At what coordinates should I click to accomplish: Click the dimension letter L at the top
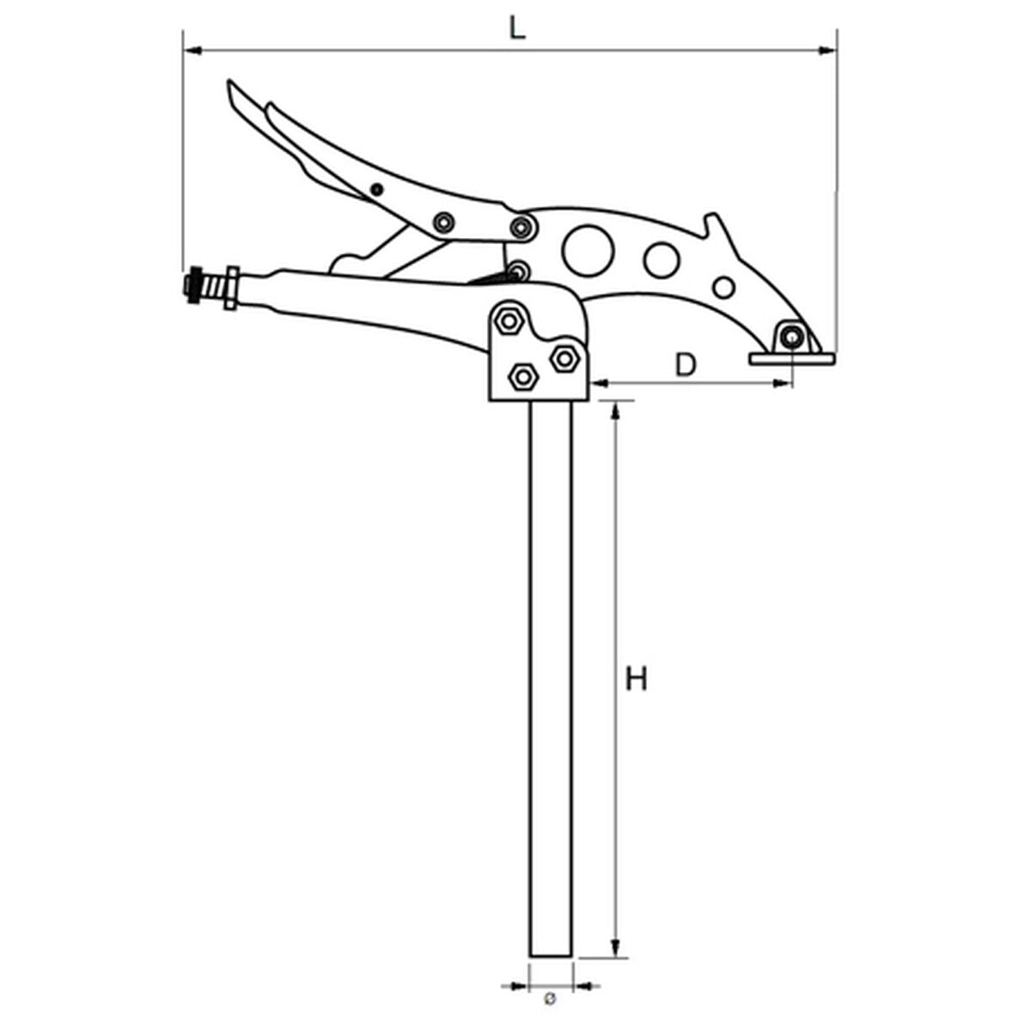pyautogui.click(x=515, y=27)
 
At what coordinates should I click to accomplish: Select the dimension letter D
pyautogui.click(x=685, y=365)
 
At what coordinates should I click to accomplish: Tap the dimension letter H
pyautogui.click(x=636, y=679)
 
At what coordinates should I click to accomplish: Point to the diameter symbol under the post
pyautogui.click(x=551, y=999)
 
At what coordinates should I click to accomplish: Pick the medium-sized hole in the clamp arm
pyautogui.click(x=662, y=260)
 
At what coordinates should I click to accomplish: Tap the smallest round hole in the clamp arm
pyautogui.click(x=724, y=287)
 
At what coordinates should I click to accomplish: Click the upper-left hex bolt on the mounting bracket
pyautogui.click(x=509, y=321)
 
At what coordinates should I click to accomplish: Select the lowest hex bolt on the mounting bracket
pyautogui.click(x=522, y=376)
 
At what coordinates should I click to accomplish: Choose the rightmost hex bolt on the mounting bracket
pyautogui.click(x=564, y=357)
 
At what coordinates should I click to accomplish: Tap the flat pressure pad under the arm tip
pyautogui.click(x=791, y=358)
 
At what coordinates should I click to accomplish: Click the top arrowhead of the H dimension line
pyautogui.click(x=614, y=409)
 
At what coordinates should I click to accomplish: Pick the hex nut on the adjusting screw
pyautogui.click(x=229, y=289)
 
